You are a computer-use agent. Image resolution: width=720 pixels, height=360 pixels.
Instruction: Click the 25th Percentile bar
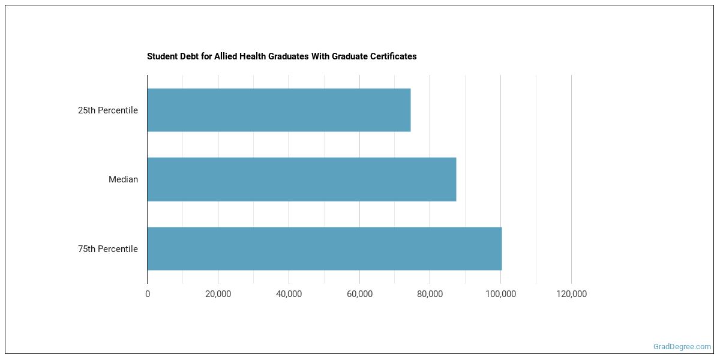pyautogui.click(x=279, y=110)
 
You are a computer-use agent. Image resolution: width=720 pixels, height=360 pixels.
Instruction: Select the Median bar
pyautogui.click(x=302, y=179)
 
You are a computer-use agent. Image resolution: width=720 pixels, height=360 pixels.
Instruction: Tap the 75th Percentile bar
pyautogui.click(x=325, y=248)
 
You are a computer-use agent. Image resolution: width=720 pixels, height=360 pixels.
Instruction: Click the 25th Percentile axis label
pyautogui.click(x=108, y=110)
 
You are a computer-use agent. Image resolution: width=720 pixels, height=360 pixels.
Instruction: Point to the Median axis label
pyautogui.click(x=123, y=179)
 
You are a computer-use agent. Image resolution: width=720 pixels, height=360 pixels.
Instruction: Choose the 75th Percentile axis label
pyautogui.click(x=108, y=249)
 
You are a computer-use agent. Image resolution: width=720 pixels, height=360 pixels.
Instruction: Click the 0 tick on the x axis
pyautogui.click(x=148, y=294)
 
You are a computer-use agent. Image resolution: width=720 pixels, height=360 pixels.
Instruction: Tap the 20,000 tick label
pyautogui.click(x=218, y=294)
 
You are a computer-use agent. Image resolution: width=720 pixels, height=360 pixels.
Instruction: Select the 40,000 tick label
pyautogui.click(x=289, y=294)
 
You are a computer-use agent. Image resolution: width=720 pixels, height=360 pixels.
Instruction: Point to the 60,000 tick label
pyautogui.click(x=359, y=294)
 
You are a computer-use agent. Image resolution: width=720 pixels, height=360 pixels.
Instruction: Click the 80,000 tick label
pyautogui.click(x=430, y=294)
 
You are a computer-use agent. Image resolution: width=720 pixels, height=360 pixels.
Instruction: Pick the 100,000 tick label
pyautogui.click(x=501, y=294)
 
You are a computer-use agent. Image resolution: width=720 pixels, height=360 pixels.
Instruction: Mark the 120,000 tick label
pyautogui.click(x=571, y=294)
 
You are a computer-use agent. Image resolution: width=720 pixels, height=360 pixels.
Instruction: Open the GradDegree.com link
pyautogui.click(x=683, y=347)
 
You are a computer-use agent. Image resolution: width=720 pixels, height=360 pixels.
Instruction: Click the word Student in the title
pyautogui.click(x=161, y=56)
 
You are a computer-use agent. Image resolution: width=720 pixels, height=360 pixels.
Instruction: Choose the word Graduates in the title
pyautogui.click(x=290, y=56)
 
